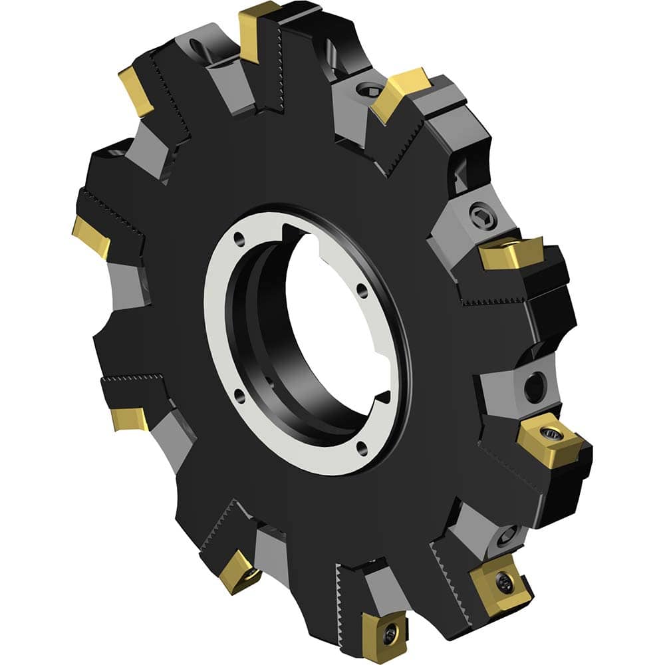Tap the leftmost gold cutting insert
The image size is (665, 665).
tap(91, 236)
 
